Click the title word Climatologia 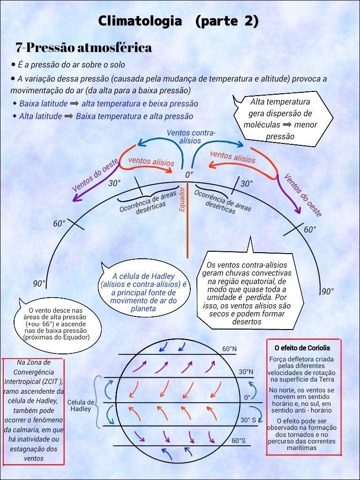(140, 21)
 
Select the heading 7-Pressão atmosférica (83, 48)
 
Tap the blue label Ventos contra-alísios (191, 136)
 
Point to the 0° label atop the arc (189, 175)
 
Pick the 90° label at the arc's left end (39, 284)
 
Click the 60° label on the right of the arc (310, 230)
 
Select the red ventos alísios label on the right (232, 157)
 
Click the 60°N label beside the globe (229, 349)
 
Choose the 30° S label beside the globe (248, 420)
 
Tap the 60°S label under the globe (239, 441)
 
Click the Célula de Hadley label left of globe (81, 405)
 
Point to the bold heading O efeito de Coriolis (302, 348)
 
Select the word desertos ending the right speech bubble (247, 322)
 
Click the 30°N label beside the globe (246, 372)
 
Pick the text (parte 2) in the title (226, 21)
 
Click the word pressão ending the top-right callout (280, 136)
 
